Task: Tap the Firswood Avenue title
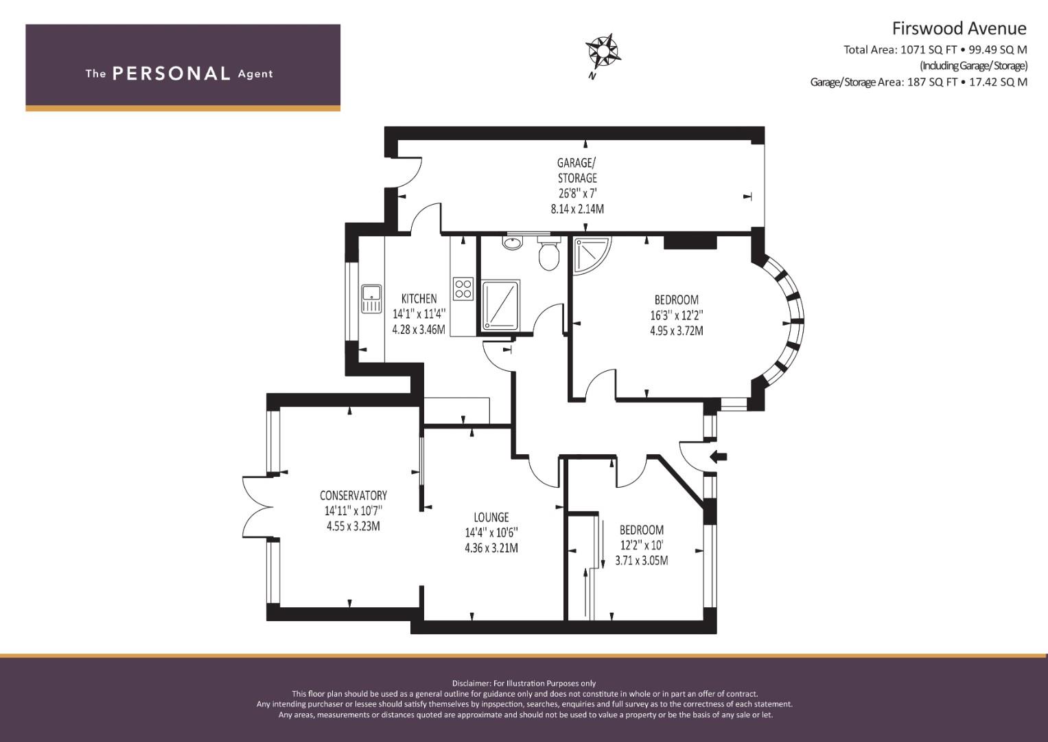pos(959,29)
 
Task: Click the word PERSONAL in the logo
pos(172,74)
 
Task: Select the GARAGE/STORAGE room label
pos(577,170)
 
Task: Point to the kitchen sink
pos(371,298)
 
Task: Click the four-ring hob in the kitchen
pos(463,289)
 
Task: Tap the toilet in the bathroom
pos(549,253)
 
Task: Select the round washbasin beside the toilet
pos(513,243)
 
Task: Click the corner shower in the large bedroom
pos(592,255)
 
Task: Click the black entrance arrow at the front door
pos(719,456)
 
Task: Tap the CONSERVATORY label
pos(353,495)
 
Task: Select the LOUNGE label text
pos(491,517)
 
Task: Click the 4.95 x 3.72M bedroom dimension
pos(677,330)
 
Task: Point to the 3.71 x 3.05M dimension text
pos(642,560)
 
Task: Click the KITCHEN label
pos(419,298)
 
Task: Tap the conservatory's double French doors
pos(257,507)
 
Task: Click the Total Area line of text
pos(935,49)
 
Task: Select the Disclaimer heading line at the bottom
pos(524,684)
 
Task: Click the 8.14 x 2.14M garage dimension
pos(577,209)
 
